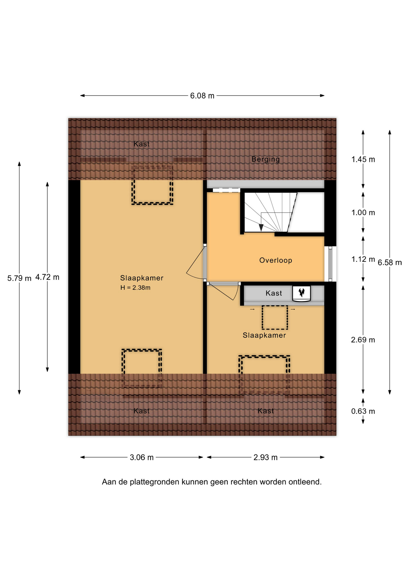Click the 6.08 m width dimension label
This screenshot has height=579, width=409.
click(x=202, y=96)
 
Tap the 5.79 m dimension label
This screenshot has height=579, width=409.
click(x=19, y=278)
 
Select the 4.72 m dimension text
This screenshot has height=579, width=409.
click(x=47, y=277)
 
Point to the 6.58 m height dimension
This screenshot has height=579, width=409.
click(x=390, y=262)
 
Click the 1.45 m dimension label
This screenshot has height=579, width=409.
click(x=363, y=159)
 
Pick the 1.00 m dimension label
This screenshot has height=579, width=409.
click(x=363, y=213)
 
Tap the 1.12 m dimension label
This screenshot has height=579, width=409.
click(x=363, y=259)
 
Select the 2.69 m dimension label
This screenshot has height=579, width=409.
click(x=363, y=340)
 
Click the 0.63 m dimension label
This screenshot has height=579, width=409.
click(x=363, y=411)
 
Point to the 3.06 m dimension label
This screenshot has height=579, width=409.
click(x=142, y=457)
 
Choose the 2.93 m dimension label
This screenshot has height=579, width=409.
click(x=265, y=457)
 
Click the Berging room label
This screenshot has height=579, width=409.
click(x=266, y=159)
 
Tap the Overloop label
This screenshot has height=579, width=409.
click(x=276, y=260)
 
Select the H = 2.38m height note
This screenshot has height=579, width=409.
click(x=135, y=288)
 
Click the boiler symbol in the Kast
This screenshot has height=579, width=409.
click(x=301, y=293)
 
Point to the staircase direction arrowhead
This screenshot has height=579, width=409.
click(x=261, y=228)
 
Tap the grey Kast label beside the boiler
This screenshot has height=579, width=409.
click(x=273, y=293)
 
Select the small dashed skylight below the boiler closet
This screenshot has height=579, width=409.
click(x=275, y=318)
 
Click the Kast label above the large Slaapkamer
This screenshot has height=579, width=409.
click(x=142, y=144)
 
